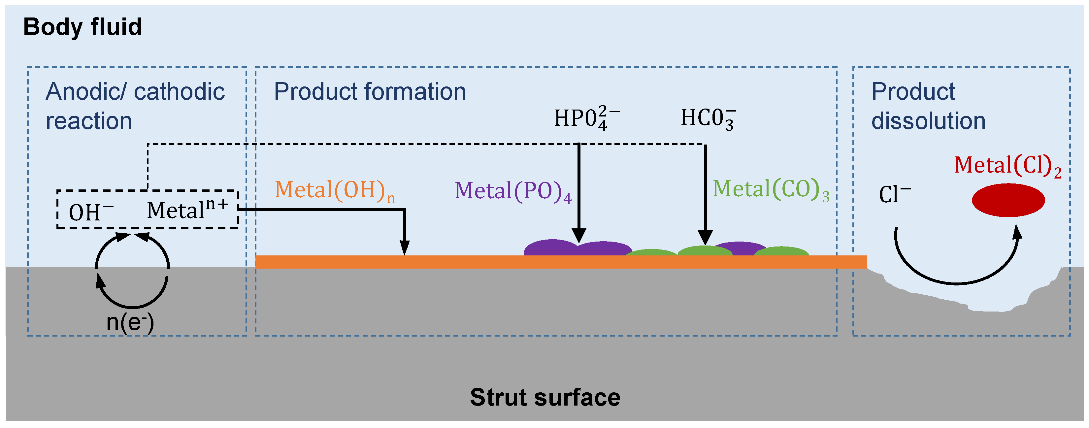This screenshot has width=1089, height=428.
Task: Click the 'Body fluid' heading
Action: tap(82, 27)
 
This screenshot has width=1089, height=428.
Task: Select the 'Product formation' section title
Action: tap(370, 91)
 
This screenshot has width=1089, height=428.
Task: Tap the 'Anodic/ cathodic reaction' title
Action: tap(135, 106)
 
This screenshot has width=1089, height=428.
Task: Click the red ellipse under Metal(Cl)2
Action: tap(1008, 200)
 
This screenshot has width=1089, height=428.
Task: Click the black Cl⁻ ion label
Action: tap(894, 195)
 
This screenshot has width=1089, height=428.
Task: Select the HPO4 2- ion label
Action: tap(586, 118)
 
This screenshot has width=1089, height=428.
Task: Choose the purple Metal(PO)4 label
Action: tap(513, 191)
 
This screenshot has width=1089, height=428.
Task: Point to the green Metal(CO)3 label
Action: tap(771, 189)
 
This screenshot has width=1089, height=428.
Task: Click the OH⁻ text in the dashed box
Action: tap(91, 212)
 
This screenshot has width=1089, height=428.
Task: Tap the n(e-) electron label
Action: tap(130, 322)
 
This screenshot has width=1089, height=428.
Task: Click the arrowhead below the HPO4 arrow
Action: tap(579, 236)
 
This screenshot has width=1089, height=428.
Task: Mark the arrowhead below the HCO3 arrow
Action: tap(705, 238)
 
